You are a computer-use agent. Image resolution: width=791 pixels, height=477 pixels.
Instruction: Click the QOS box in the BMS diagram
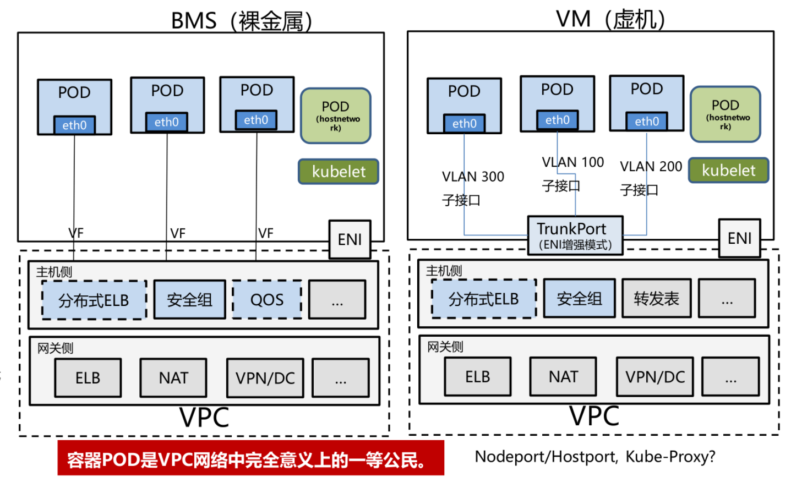[267, 300]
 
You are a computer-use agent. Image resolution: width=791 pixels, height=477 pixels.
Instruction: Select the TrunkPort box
[575, 235]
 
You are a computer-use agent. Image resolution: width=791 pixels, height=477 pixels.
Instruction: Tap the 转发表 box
[656, 298]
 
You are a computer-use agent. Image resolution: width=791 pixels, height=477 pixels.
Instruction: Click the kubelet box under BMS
[339, 172]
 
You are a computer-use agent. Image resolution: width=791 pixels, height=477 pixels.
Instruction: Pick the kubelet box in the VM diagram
[728, 170]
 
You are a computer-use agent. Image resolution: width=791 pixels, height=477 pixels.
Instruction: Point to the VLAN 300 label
[473, 177]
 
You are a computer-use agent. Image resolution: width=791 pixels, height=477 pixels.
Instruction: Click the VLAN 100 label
[573, 162]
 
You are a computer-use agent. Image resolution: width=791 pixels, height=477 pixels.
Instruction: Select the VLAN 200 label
[651, 166]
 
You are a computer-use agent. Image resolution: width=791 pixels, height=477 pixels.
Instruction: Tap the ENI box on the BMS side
[350, 239]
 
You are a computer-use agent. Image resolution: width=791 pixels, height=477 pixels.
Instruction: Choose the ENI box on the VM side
[739, 238]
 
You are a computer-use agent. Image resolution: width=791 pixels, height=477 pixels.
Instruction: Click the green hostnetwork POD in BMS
[335, 116]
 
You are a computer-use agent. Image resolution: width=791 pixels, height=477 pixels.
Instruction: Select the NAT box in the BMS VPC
[173, 378]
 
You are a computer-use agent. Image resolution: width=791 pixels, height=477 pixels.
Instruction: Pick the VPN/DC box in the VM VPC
[655, 377]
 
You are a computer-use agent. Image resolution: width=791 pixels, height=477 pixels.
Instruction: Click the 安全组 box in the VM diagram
[579, 298]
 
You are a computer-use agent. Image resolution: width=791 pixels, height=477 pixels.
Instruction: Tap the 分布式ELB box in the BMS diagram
[94, 300]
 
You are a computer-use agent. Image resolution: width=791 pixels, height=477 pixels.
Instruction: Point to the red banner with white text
[250, 458]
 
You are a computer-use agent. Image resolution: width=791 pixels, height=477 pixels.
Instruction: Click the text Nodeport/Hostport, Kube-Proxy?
[595, 456]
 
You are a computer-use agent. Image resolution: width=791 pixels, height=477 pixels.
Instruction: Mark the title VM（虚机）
[610, 19]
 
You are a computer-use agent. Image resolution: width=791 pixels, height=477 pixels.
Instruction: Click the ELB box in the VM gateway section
[477, 377]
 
